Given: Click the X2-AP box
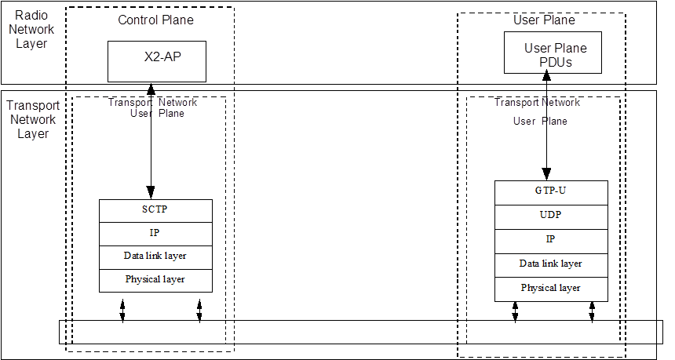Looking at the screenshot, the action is tap(157, 61).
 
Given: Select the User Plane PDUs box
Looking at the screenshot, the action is tap(553, 53).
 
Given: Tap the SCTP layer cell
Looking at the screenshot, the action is tap(156, 211).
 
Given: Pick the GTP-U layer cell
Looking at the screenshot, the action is tap(551, 193).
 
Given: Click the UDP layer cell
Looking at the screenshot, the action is tap(551, 216).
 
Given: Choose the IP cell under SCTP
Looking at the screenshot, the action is tap(156, 234).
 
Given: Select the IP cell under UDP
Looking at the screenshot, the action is tap(551, 242).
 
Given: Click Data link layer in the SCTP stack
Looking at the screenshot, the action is tap(156, 257).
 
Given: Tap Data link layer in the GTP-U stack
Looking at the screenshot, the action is tap(551, 265).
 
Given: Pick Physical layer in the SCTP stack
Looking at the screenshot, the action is tap(156, 281).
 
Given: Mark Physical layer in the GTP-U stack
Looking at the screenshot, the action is tap(551, 289).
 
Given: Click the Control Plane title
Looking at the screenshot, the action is tap(156, 20).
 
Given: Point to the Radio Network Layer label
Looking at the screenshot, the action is tap(31, 29).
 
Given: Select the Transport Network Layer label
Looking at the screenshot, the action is tap(33, 119).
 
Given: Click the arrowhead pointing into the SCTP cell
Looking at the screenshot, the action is tap(151, 192).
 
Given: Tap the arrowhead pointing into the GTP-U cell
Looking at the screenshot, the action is tap(546, 174).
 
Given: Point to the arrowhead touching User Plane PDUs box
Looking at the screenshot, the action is tap(547, 77).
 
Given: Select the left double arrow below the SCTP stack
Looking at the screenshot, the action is tap(122, 311).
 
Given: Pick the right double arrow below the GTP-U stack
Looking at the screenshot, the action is tap(592, 312).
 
